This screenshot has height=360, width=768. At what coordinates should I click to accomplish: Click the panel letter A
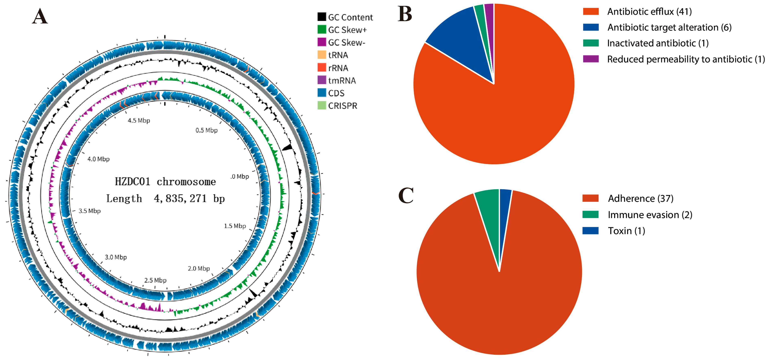pos(40,16)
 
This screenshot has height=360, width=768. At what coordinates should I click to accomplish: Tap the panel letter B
pos(405,14)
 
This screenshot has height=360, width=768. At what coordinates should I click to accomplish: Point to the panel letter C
pos(406,195)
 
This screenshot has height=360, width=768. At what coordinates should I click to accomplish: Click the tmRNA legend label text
pos(342,81)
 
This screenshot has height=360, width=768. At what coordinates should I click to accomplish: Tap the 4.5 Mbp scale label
pos(139,120)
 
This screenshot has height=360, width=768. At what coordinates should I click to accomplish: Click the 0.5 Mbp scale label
pos(207,130)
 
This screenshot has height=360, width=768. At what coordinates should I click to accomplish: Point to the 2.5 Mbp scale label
pos(155,280)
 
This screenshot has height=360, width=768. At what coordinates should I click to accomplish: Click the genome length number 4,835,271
pos(180,199)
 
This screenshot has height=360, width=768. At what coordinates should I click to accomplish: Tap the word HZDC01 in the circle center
pos(133,182)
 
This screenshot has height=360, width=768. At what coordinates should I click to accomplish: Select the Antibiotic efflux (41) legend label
pos(649,12)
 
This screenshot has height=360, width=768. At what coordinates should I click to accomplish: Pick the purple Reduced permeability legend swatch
pos(591,59)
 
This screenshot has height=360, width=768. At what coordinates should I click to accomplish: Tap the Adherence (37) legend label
pos(641,199)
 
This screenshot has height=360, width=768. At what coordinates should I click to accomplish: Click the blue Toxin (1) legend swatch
pos(590,231)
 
